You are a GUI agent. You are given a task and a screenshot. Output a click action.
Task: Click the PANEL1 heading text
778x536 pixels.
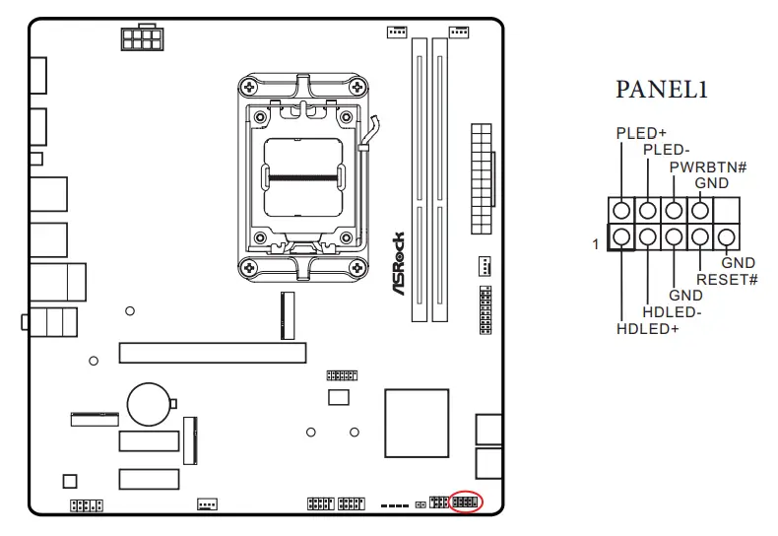click(662, 90)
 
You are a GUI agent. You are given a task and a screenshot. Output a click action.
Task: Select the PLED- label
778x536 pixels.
click(666, 150)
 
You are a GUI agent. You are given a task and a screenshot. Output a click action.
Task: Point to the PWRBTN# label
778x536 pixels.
click(707, 167)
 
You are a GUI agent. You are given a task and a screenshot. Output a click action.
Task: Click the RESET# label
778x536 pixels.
click(727, 280)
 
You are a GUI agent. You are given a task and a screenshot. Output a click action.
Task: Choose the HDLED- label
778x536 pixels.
click(672, 312)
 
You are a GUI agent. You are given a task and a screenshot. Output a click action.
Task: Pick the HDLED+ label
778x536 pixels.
click(647, 329)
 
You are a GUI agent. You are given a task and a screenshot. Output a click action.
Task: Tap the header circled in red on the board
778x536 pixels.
click(465, 502)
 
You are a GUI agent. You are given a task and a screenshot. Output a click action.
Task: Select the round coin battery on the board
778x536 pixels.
click(151, 404)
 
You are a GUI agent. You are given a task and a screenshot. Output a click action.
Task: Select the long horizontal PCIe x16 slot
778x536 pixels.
click(212, 353)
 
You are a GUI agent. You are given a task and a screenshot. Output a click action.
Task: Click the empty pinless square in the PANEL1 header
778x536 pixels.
click(727, 210)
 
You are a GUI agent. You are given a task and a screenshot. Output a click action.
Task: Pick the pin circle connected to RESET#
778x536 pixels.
click(700, 236)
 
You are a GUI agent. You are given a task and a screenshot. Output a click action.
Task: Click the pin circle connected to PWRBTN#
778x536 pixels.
click(674, 210)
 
